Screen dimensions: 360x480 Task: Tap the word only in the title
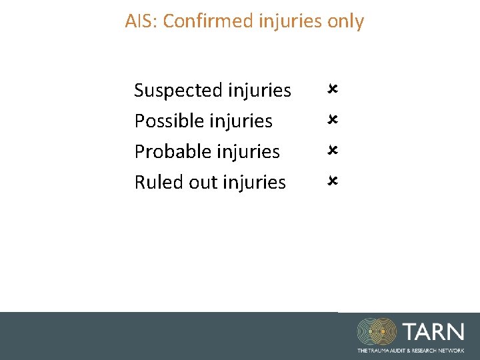345,21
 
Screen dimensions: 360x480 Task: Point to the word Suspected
178,90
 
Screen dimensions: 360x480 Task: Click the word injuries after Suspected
259,90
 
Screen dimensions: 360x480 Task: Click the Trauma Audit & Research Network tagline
411,350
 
